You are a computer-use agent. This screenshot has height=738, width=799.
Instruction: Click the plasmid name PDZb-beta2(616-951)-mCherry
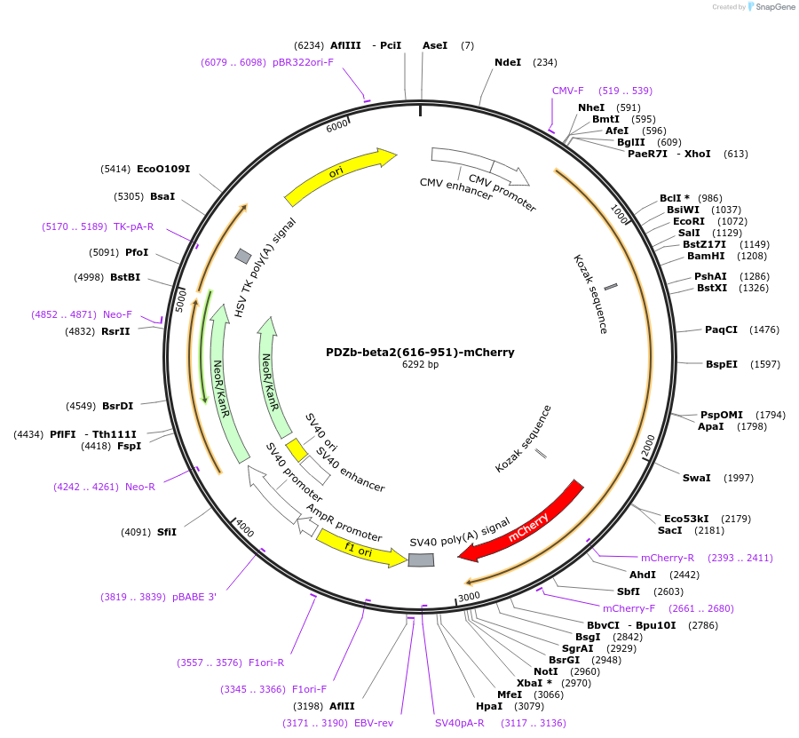click(420, 352)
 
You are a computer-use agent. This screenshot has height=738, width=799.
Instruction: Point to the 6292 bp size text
click(420, 364)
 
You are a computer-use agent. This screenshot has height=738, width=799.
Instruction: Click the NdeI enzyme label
click(508, 62)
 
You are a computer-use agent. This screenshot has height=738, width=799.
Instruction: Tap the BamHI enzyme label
click(706, 256)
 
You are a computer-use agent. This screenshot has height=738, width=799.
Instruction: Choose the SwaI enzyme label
click(696, 478)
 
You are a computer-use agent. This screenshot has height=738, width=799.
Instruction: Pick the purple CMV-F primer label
click(568, 91)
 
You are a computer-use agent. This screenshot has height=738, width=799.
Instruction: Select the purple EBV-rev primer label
click(374, 723)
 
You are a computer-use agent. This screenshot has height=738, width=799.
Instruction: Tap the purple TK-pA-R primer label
click(133, 226)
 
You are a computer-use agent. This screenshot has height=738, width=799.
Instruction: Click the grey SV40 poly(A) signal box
click(421, 559)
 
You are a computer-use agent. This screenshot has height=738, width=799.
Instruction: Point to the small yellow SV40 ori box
click(297, 449)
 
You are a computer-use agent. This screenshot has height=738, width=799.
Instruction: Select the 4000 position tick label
click(244, 530)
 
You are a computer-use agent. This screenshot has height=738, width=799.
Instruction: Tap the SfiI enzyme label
click(167, 532)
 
